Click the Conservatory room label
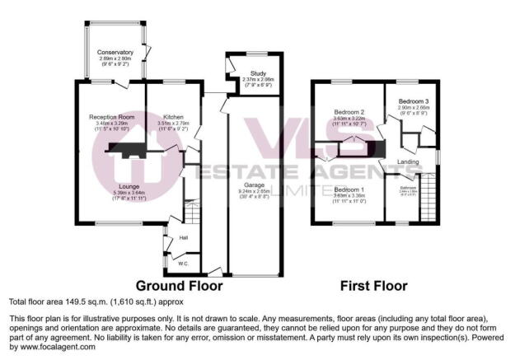[114, 52]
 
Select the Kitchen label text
[173, 116]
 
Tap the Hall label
[183, 238]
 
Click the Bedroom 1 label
[349, 190]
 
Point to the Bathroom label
[408, 188]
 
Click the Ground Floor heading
[179, 286]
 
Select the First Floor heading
[375, 286]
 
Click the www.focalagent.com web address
[52, 347]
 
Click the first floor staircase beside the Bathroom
[428, 198]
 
